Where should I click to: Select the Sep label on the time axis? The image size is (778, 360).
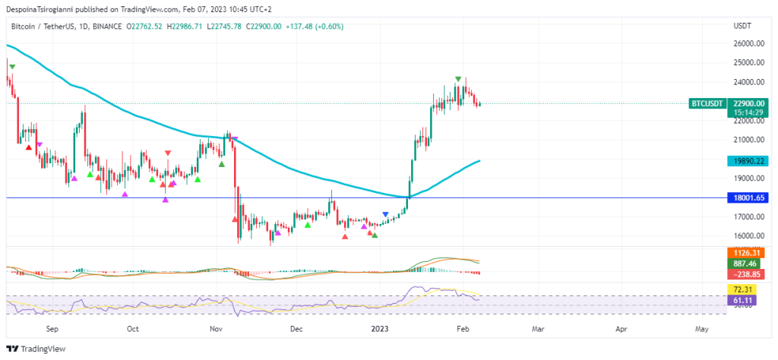52,329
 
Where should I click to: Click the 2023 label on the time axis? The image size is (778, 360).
379,329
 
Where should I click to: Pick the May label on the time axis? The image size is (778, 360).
702,329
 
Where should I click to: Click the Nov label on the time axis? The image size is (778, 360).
216,329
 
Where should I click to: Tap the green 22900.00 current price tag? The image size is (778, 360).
748,103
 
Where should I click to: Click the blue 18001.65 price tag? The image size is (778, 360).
748,197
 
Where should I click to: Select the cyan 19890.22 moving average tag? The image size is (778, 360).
748,161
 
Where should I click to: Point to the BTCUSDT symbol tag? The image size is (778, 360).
706,103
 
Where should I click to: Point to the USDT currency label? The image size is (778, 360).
742,26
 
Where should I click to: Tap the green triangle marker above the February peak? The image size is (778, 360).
458,79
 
